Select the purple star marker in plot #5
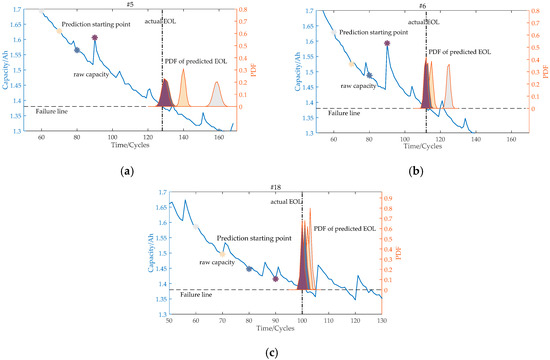point(94,38)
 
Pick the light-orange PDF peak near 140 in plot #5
point(183,86)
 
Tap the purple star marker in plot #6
point(386,43)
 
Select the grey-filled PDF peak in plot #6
point(448,85)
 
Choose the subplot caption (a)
point(127,172)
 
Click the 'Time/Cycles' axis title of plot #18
point(274,331)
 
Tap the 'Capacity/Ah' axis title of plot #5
point(7,68)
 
